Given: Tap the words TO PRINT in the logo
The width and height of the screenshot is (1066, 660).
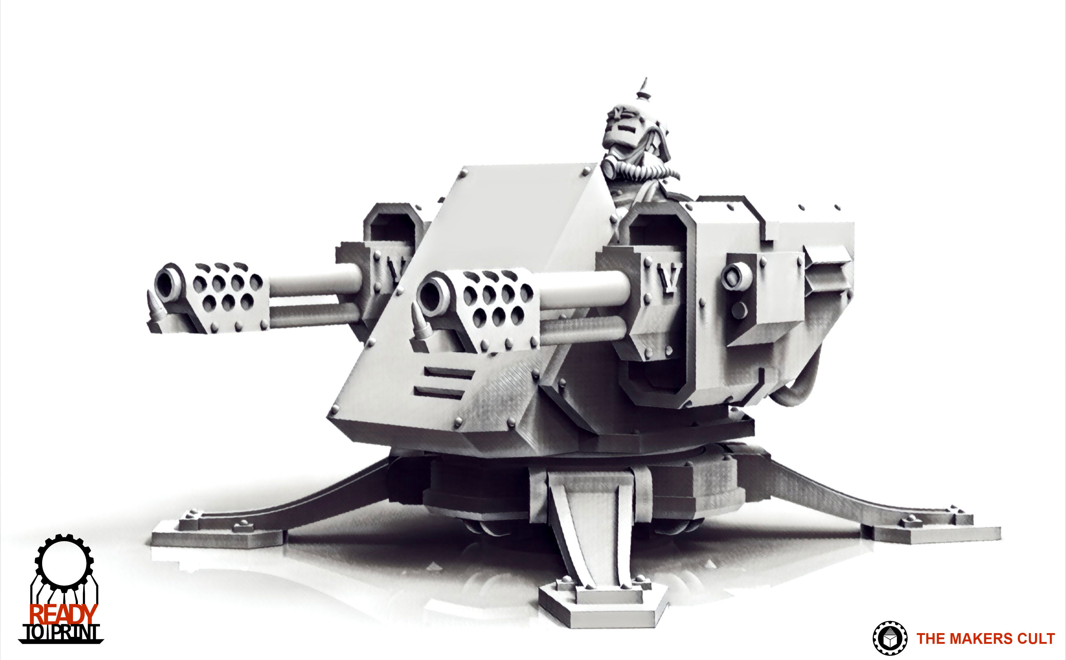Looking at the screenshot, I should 61,632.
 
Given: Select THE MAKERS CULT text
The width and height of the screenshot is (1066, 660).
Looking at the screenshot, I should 985,639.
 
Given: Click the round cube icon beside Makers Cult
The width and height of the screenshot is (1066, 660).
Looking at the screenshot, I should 890,639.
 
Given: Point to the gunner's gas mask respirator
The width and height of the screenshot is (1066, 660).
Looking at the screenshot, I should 610,167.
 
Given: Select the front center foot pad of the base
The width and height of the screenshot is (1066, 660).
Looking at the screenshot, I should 603,607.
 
